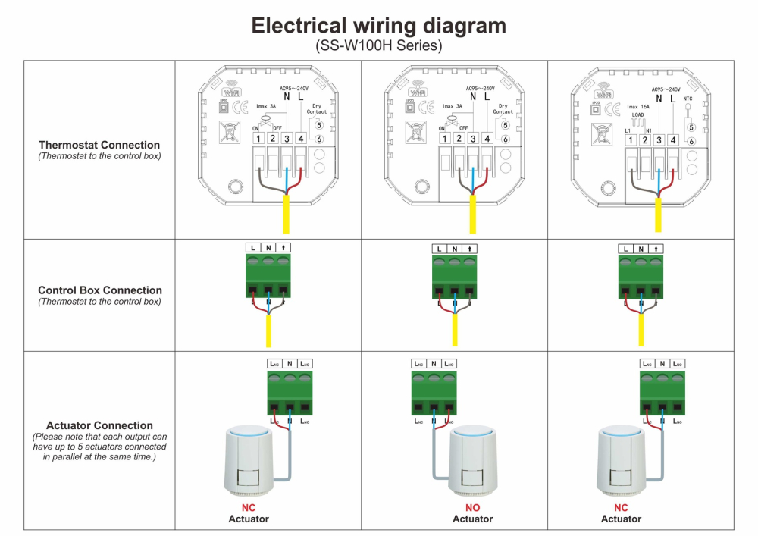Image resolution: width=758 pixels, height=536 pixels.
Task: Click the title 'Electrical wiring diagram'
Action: (x=378, y=26)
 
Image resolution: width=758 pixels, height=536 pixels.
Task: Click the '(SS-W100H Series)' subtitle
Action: (x=378, y=45)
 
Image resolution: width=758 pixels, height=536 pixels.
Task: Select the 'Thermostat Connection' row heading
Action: (x=99, y=145)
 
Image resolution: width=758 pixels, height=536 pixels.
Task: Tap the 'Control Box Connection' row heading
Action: (x=99, y=290)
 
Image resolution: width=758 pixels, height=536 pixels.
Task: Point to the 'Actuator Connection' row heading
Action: (x=99, y=426)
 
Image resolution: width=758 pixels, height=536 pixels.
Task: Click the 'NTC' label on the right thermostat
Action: (x=688, y=99)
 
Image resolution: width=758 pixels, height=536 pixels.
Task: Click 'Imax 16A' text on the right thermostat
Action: (x=638, y=107)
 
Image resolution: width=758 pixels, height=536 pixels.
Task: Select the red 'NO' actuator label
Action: (x=472, y=508)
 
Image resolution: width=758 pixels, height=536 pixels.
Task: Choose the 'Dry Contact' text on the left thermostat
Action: (x=317, y=108)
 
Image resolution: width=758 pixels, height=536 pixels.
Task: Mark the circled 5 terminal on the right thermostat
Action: (x=691, y=127)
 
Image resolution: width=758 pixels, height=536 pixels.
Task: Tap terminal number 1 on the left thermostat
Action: (x=258, y=139)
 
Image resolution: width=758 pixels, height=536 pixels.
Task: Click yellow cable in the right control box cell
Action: (x=641, y=329)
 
